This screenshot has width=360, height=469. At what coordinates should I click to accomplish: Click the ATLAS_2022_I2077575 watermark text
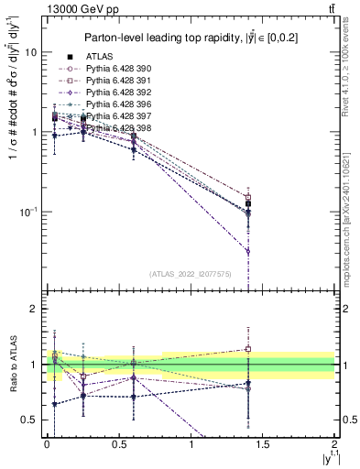pos(189,273)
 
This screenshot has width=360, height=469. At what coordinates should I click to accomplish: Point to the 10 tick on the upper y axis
pos(30,52)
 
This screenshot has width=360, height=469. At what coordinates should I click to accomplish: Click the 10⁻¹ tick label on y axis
pos(27,212)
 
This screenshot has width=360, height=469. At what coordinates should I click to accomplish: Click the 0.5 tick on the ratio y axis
pos(30,420)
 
